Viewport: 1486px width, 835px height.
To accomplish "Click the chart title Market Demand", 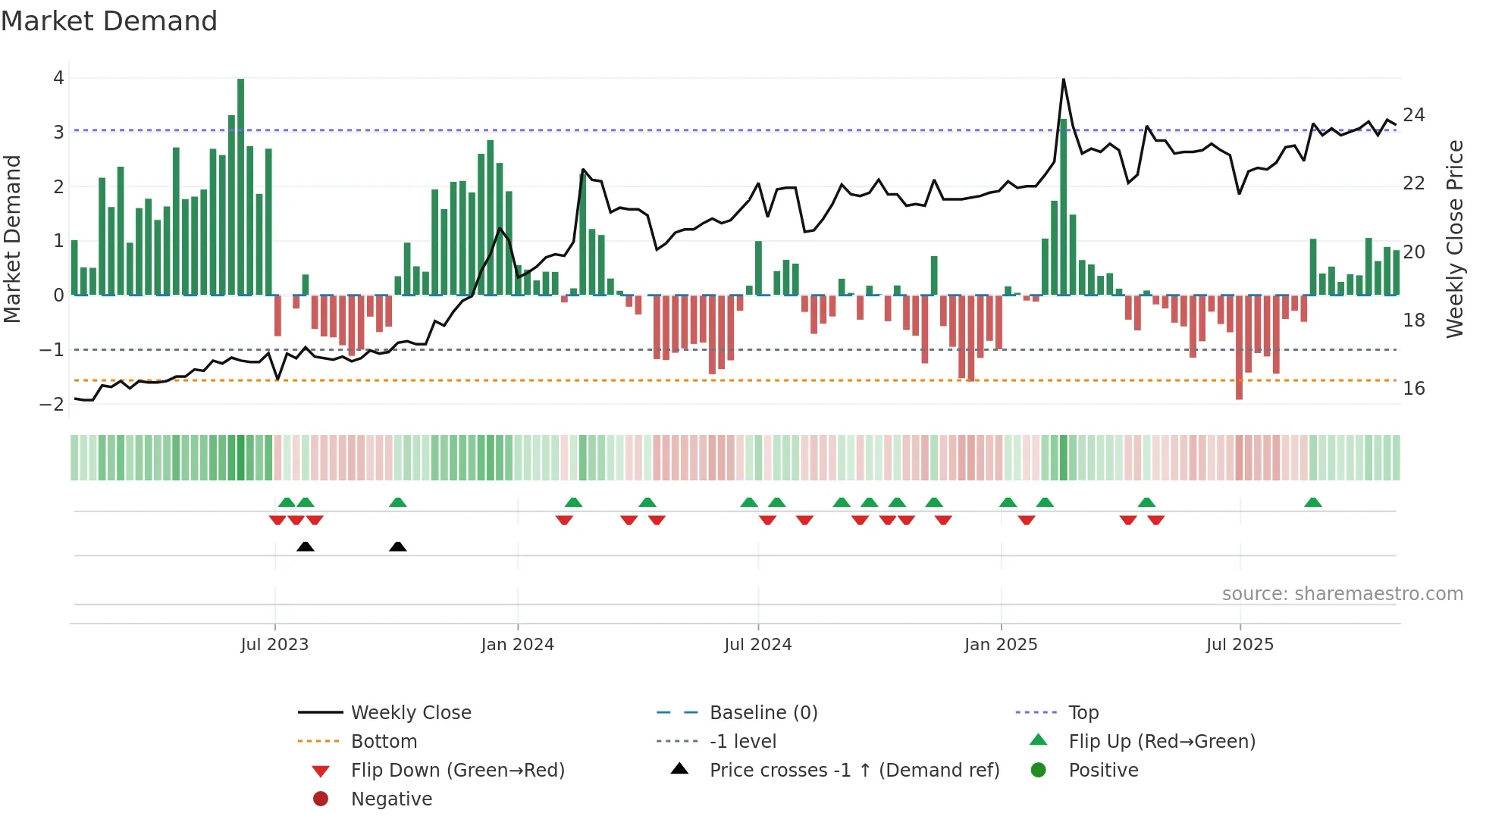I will (x=109, y=21).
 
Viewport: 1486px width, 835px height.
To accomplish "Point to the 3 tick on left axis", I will (x=58, y=133).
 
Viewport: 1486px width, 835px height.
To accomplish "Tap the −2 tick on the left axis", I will (x=52, y=405).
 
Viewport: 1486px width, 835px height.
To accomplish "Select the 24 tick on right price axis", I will (x=1414, y=115).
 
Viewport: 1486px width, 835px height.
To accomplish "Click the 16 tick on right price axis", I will (x=1414, y=389).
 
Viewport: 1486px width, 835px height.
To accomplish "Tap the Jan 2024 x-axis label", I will (x=517, y=645).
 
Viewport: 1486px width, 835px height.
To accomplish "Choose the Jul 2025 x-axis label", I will (x=1240, y=645).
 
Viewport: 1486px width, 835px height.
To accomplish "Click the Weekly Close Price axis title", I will (x=1455, y=239).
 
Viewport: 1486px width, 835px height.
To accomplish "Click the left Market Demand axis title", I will (x=13, y=239).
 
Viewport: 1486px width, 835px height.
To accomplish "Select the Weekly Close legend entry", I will (x=410, y=713).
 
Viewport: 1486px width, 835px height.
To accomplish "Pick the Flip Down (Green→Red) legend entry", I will (x=457, y=771).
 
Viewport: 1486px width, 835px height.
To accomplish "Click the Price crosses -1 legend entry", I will (x=854, y=771).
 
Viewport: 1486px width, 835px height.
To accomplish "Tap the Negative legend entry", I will (x=391, y=799).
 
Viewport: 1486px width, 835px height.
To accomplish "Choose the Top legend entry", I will (x=1083, y=713).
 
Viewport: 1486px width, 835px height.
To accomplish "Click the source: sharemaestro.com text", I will (x=1342, y=594).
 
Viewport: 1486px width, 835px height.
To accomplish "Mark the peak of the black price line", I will (x=1063, y=80).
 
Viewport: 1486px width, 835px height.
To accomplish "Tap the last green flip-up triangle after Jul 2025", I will (x=1313, y=502).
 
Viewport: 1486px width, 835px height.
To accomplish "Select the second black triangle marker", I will (x=397, y=547).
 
